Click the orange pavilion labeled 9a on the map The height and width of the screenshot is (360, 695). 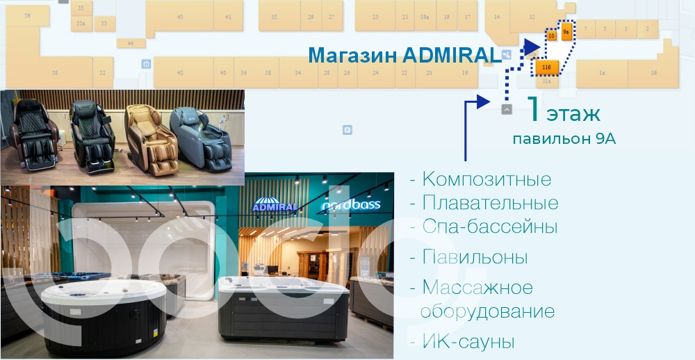point(566,32)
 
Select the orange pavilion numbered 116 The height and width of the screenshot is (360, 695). point(546,67)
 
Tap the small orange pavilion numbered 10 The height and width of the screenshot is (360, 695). point(551,35)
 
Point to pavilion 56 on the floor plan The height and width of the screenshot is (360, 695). point(27,15)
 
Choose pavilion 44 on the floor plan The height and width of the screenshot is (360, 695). point(131,43)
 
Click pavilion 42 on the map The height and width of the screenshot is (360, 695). point(180,72)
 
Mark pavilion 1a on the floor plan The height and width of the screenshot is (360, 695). point(602,72)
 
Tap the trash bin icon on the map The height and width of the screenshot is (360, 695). point(146,65)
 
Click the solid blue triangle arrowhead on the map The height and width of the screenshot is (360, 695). point(532,47)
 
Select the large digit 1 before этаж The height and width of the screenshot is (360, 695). point(533,110)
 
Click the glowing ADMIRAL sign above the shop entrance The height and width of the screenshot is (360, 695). point(275,206)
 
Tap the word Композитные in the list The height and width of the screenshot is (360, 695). point(486,179)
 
